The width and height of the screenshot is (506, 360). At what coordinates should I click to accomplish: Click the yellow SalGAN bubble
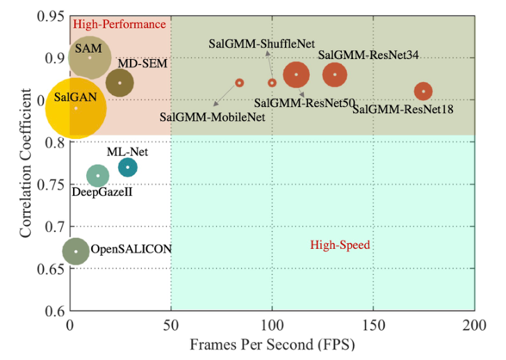click(x=76, y=108)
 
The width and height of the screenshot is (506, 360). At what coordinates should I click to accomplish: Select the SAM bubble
click(x=90, y=57)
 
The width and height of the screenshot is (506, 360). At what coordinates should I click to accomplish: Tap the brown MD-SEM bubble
click(x=120, y=83)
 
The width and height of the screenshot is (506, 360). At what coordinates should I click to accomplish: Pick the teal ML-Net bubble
click(x=127, y=167)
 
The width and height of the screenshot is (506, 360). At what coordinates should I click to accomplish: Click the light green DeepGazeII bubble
click(x=98, y=175)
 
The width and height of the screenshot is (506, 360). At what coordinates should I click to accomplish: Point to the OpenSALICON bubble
click(x=76, y=252)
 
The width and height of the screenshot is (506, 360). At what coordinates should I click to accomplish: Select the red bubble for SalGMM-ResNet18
click(x=423, y=91)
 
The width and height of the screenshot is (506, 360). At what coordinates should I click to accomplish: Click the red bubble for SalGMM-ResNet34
click(x=335, y=74)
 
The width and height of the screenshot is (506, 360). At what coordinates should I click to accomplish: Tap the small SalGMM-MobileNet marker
click(x=239, y=83)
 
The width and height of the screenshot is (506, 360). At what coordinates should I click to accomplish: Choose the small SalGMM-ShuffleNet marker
click(x=272, y=83)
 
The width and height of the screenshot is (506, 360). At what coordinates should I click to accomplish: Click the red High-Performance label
click(x=120, y=24)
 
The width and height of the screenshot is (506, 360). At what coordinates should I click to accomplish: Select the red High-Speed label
click(x=339, y=245)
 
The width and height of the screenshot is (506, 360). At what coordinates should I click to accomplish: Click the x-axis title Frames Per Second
click(x=272, y=345)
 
